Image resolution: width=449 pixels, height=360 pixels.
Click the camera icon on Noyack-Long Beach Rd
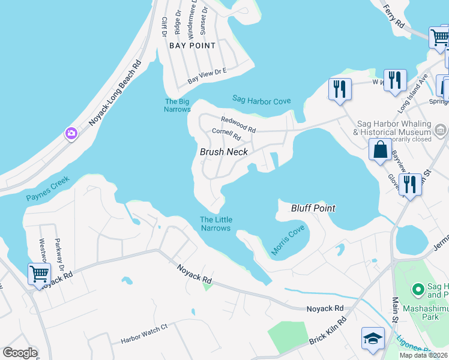pyautogui.click(x=71, y=133)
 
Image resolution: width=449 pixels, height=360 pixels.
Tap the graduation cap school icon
pyautogui.click(x=372, y=338)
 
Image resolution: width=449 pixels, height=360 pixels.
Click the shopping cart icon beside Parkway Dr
pyautogui.click(x=39, y=274)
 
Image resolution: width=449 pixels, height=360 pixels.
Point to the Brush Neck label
pyautogui.click(x=223, y=152)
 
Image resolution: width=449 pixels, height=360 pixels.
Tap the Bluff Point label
pyautogui.click(x=313, y=208)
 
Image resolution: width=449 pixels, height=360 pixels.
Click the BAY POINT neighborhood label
pyautogui.click(x=192, y=46)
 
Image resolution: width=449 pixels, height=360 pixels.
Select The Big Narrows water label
pyautogui.click(x=177, y=106)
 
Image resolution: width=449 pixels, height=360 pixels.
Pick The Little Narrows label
pyautogui.click(x=215, y=224)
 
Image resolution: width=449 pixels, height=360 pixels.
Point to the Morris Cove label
pyautogui.click(x=288, y=241)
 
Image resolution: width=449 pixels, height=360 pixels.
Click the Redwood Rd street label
pyautogui.click(x=238, y=124)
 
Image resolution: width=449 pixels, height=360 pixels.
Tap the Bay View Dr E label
pyautogui.click(x=207, y=76)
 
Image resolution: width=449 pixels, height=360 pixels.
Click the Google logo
pyautogui.click(x=20, y=353)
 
